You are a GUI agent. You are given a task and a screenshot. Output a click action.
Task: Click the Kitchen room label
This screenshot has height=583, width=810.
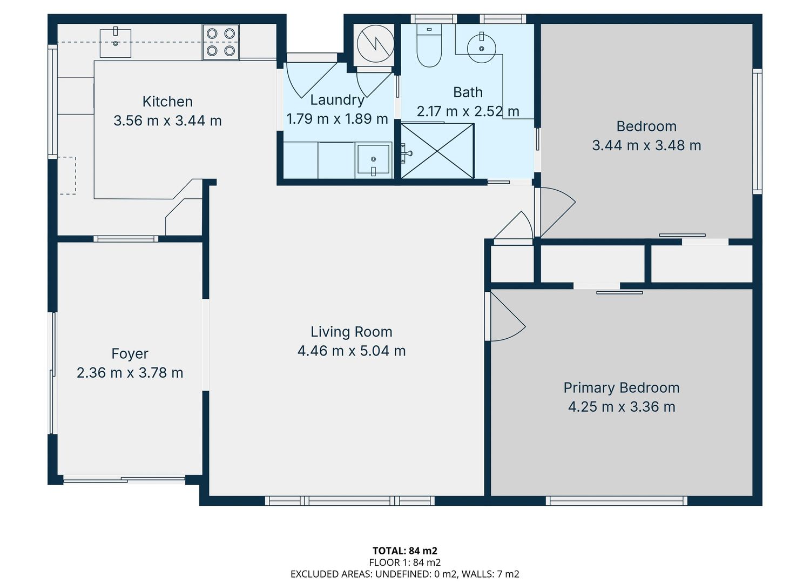167,102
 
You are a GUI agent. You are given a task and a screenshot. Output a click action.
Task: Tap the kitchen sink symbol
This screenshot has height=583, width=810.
116,42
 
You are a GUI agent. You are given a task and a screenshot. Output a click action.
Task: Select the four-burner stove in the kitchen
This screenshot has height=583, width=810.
220,42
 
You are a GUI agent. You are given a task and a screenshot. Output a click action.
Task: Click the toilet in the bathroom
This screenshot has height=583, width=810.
429,45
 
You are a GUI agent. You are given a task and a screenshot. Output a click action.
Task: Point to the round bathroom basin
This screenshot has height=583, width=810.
481,48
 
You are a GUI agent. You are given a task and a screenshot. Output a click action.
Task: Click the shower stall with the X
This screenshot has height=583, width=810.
437,151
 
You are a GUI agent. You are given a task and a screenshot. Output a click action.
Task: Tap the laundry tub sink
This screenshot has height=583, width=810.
374,160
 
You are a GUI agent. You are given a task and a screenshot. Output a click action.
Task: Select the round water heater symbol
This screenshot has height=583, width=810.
375,43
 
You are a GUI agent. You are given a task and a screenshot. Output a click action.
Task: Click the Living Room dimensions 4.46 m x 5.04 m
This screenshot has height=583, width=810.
352,351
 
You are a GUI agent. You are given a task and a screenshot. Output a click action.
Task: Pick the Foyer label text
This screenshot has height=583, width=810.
130,353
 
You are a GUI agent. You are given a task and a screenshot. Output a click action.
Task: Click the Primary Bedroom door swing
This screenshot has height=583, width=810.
507,316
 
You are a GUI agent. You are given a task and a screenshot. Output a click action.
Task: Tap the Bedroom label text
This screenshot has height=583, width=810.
646,126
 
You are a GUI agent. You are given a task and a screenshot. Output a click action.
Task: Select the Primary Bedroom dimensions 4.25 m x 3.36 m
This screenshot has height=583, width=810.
622,407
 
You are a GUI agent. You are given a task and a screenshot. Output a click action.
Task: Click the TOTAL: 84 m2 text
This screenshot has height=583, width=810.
405,551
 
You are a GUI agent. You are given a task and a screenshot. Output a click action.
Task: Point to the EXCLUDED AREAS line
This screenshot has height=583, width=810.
405,574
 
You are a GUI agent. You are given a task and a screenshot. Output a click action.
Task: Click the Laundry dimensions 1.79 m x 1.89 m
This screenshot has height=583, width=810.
337,119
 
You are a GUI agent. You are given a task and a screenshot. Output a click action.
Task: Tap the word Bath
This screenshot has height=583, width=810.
468,92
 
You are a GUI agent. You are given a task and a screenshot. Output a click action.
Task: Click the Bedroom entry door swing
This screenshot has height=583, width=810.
556,212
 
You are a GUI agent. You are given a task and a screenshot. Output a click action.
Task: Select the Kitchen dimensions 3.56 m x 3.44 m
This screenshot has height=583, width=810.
167,120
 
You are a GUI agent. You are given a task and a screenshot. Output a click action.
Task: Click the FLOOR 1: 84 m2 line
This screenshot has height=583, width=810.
405,562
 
